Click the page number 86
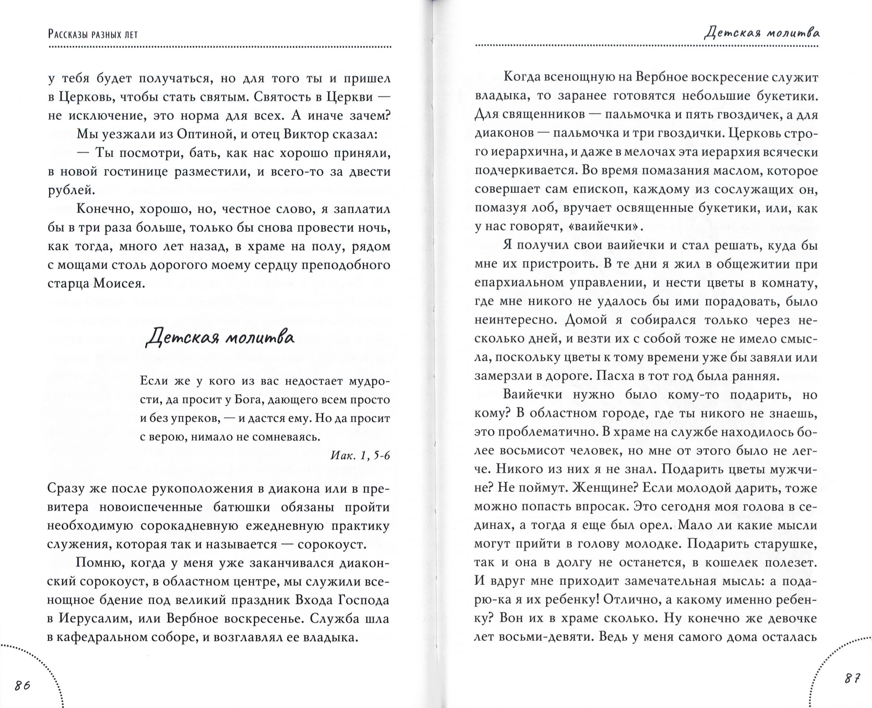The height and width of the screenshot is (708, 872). [x=23, y=685]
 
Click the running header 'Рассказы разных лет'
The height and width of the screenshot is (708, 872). [x=93, y=34]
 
